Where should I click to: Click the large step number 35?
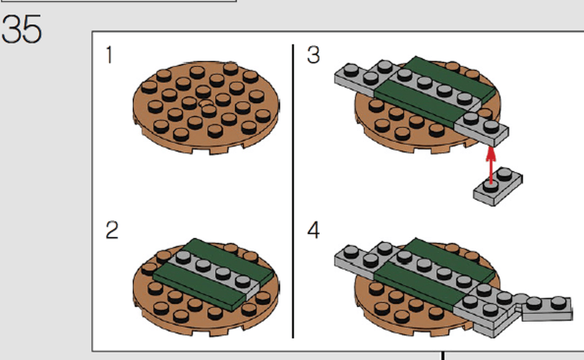coord(21,29)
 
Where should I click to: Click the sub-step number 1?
coord(109,55)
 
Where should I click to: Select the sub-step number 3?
coord(313,55)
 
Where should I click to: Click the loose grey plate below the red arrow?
coord(498,186)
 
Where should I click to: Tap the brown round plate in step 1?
coord(207,107)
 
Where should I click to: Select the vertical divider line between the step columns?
coord(293,191)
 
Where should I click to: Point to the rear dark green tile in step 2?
coord(228,261)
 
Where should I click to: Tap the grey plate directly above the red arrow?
coord(482,128)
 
